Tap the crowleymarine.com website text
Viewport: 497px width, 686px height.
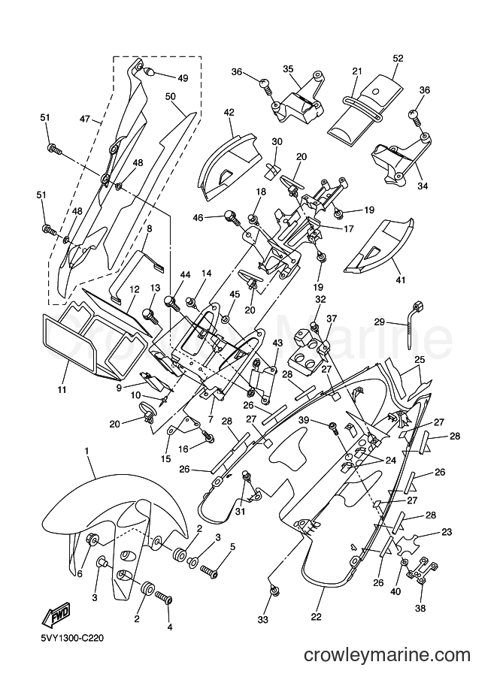387,655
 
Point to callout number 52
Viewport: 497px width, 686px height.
398,58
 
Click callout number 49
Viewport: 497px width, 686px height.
183,78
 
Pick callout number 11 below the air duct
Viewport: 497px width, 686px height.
62,389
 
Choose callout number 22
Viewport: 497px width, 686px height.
316,617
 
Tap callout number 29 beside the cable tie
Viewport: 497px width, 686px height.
380,322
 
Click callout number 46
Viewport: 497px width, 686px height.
198,217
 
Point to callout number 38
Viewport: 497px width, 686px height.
420,608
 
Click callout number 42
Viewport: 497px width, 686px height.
229,113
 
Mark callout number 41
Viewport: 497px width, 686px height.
400,279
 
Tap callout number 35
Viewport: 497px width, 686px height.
288,68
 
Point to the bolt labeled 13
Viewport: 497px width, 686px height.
150,316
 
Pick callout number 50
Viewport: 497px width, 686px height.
171,96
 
